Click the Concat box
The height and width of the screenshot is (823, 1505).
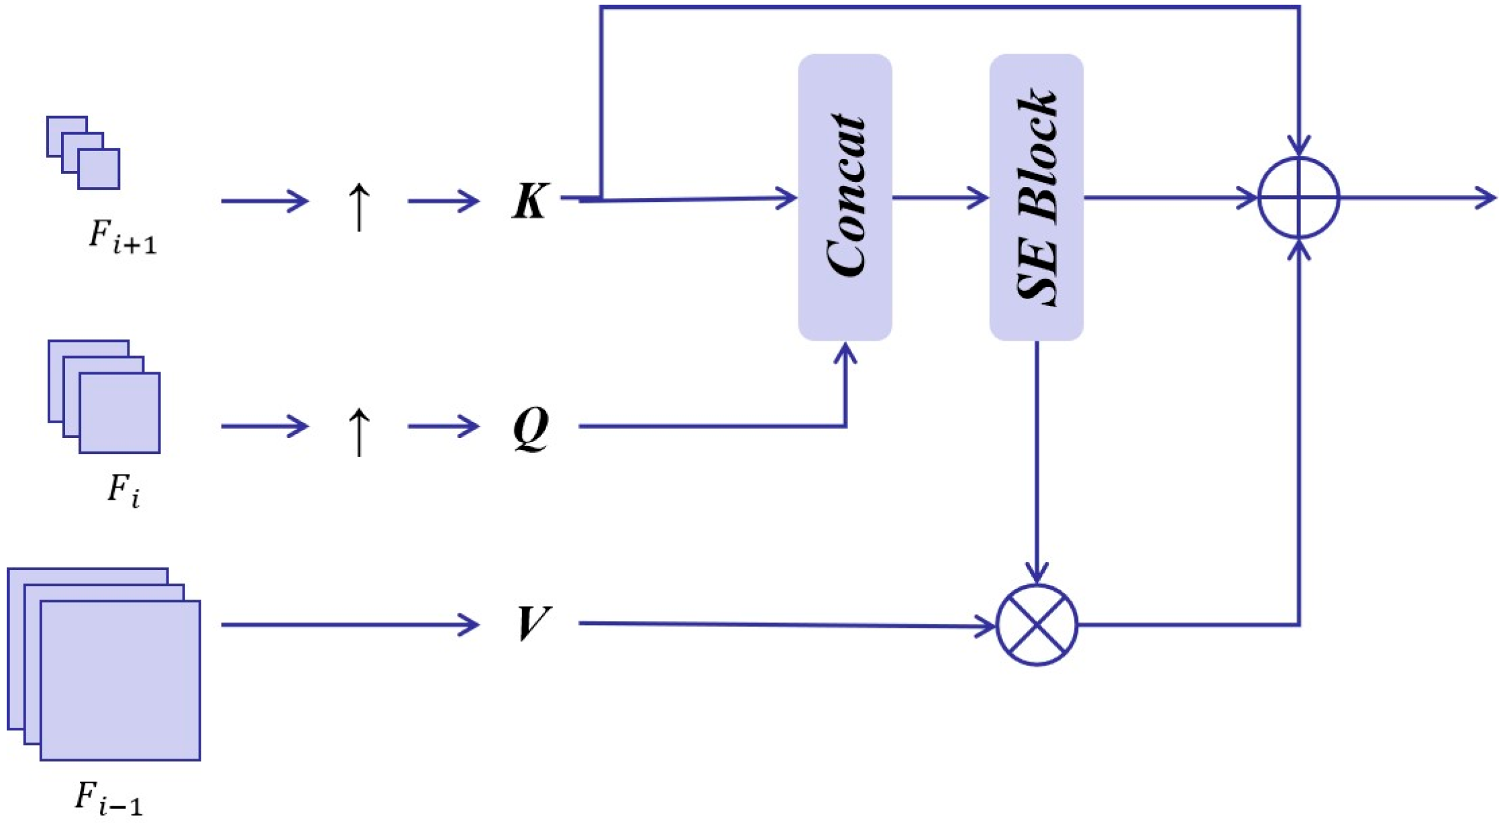pos(844,197)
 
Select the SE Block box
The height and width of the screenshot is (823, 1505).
pos(1035,197)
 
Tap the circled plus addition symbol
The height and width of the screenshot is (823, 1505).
pos(1298,198)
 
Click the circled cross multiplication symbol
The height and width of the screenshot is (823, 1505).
pos(1037,624)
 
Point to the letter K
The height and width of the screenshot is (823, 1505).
pos(529,201)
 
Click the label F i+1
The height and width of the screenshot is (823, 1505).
pos(122,238)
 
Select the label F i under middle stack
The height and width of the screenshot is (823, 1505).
pos(123,490)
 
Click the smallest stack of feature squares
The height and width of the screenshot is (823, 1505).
pos(83,153)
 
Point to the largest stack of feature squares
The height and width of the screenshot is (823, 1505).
pos(104,664)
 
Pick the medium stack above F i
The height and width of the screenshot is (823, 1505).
pos(104,396)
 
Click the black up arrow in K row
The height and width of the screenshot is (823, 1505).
pos(359,207)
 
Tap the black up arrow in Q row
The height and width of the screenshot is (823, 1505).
pos(359,431)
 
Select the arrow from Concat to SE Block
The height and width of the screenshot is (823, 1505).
pos(939,198)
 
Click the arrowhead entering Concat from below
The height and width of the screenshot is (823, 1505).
pos(845,352)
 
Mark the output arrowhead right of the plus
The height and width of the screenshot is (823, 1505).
pos(1486,198)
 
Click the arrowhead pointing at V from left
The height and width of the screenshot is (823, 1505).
pos(468,624)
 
